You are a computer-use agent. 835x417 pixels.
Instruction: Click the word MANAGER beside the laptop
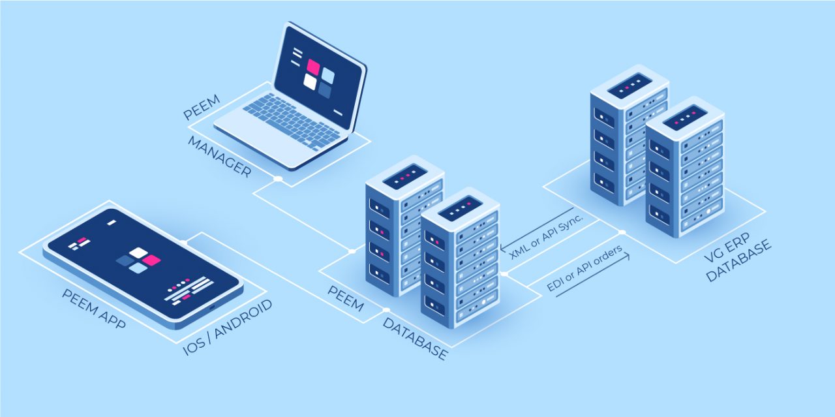coord(219,157)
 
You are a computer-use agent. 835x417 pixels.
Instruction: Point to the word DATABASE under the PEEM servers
coord(415,339)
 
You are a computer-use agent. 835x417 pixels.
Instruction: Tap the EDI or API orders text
coord(584,269)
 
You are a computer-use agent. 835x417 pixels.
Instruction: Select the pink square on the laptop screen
coord(313,67)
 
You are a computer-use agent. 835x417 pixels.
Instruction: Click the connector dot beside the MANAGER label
coord(278,178)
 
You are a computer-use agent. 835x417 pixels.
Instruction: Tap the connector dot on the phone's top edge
coord(185,242)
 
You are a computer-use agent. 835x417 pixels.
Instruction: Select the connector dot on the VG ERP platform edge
coord(622,232)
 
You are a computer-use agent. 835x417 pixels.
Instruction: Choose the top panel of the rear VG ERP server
coord(630,85)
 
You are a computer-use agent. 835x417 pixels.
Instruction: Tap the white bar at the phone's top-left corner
coord(112,223)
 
